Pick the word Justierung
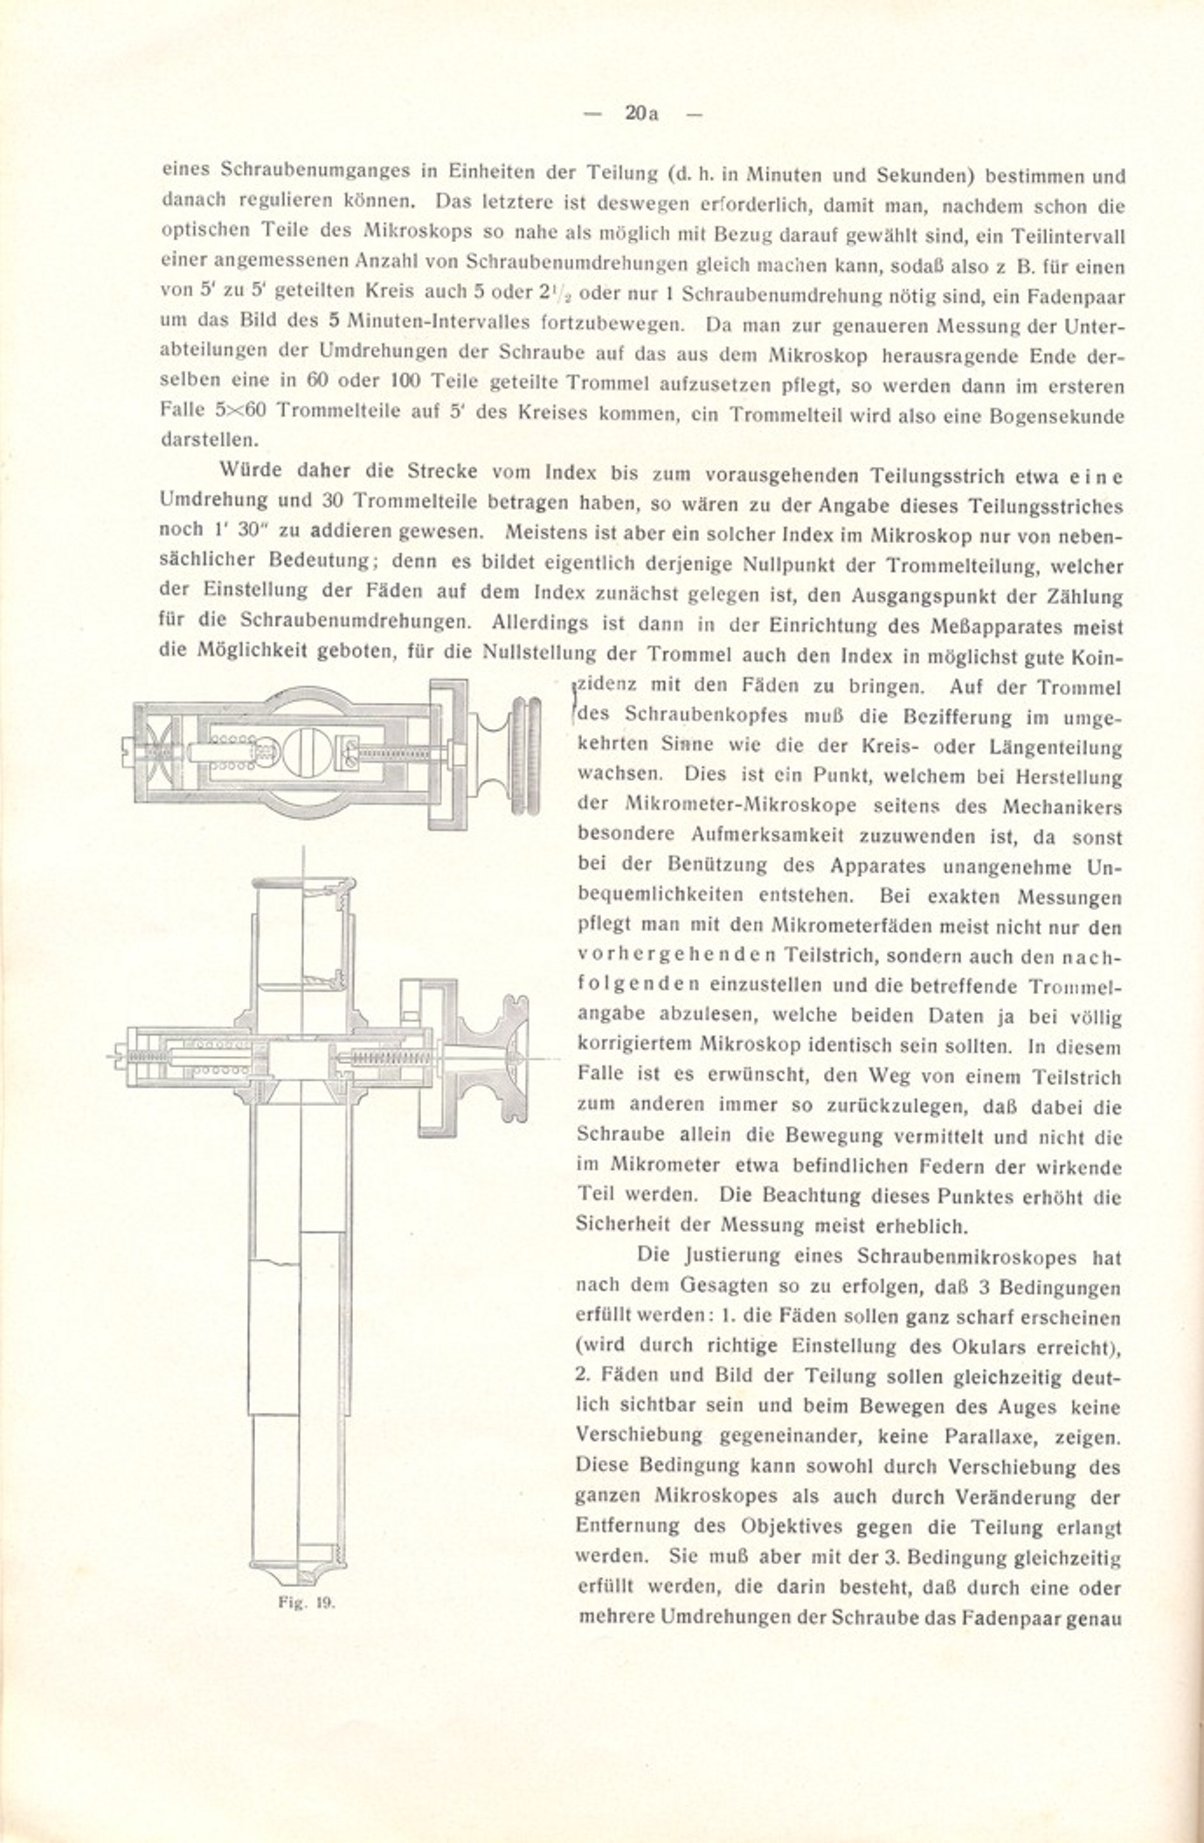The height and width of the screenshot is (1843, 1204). [727, 1256]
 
